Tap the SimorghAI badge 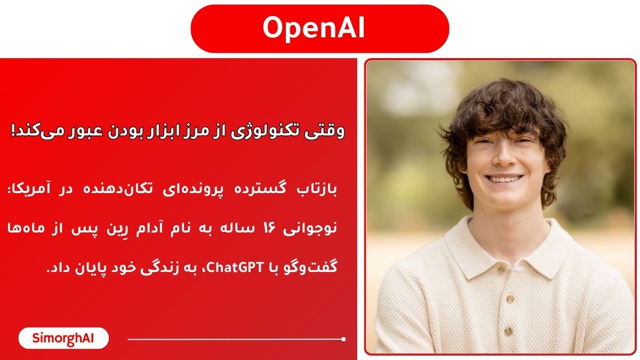(63, 338)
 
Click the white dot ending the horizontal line (343, 339)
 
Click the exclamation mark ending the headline (13, 131)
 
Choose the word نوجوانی (310, 229)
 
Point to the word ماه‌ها (26, 228)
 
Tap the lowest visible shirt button (508, 331)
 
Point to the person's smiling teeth (505, 179)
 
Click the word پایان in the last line (92, 269)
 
